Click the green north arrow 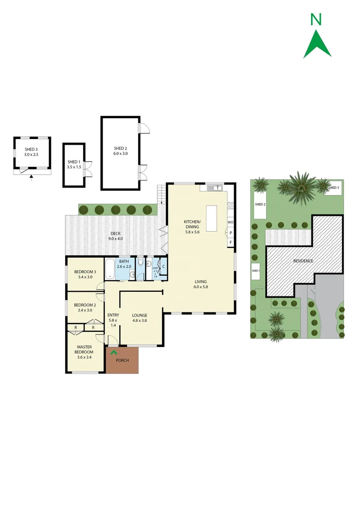[x=317, y=44]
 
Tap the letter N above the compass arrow [x=316, y=19]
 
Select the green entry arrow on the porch [x=113, y=351]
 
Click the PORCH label [x=122, y=361]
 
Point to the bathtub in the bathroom [x=109, y=269]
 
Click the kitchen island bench [x=212, y=219]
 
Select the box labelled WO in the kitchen [x=230, y=222]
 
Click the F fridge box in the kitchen [x=230, y=242]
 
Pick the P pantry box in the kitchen [x=230, y=233]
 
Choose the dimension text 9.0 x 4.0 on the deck [x=115, y=238]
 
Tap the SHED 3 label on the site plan [x=334, y=188]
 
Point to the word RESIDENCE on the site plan [x=303, y=261]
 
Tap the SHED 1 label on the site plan [x=256, y=271]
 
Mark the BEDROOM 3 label [x=85, y=271]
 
